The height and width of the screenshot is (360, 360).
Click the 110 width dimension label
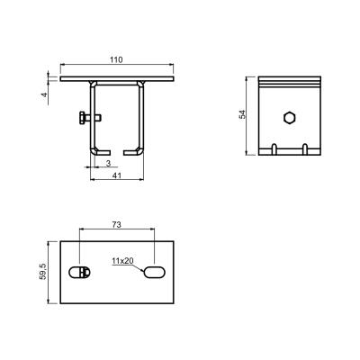[116, 60]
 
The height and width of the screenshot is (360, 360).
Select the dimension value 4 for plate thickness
[44, 94]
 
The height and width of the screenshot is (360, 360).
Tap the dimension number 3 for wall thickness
[108, 163]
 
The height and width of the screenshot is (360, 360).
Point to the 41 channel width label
[117, 175]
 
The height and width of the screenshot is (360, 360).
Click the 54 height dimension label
[242, 114]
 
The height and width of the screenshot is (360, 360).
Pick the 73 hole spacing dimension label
[116, 224]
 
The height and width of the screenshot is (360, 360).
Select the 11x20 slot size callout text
[122, 261]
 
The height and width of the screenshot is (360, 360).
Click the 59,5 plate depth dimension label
[43, 272]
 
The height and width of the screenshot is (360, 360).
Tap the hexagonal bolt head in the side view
[290, 118]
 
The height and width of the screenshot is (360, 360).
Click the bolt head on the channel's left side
[82, 117]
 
